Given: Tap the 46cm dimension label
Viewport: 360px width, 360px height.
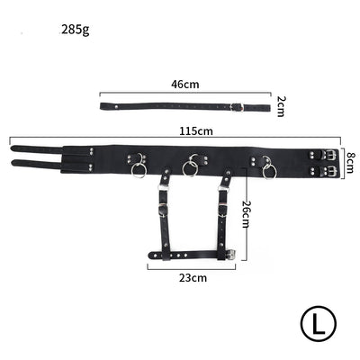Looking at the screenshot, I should tap(184, 84).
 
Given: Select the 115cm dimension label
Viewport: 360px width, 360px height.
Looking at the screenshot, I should tap(195, 130).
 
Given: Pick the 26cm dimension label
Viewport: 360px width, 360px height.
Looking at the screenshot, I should tap(245, 214).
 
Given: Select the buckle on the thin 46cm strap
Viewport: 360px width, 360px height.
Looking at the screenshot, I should tap(236, 107).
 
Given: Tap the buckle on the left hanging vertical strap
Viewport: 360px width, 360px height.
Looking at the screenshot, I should tap(162, 212).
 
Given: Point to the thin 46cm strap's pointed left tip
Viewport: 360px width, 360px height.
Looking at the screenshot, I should tap(100, 106).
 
